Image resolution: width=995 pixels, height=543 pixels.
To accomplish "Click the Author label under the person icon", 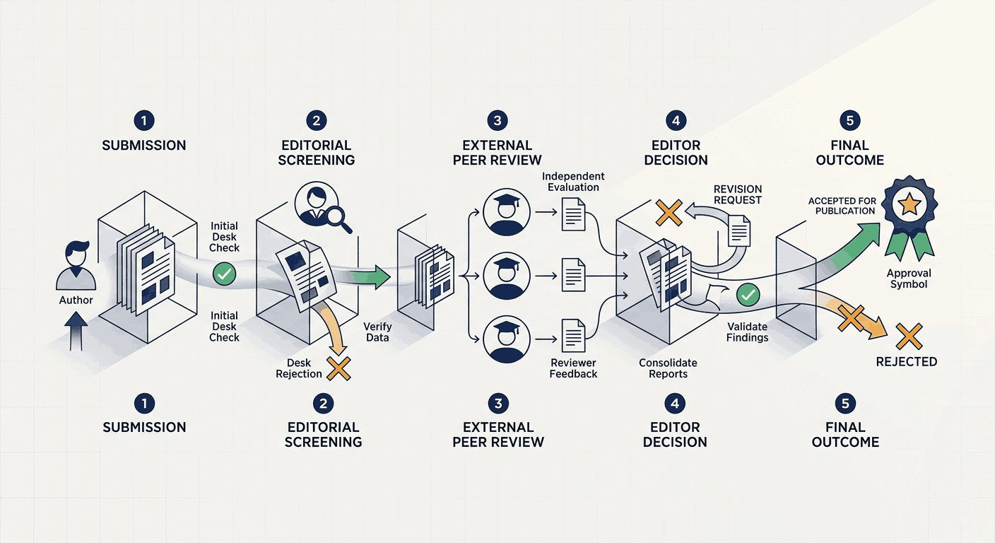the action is (76, 300).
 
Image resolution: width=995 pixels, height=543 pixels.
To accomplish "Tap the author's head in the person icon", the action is (76, 254).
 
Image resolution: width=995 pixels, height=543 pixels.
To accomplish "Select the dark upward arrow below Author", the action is (76, 331).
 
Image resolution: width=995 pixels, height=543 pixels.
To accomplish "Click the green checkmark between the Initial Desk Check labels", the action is (224, 274).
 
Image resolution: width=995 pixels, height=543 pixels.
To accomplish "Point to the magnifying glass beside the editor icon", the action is (339, 219).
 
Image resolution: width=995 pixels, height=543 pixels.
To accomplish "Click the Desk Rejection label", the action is (298, 368).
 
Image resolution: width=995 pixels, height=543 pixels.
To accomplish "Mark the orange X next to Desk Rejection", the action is (339, 369).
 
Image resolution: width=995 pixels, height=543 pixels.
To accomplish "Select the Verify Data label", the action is (377, 332).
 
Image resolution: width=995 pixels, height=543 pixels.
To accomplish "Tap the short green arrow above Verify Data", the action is (371, 277).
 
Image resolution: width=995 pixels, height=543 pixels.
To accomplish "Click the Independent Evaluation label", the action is (573, 182).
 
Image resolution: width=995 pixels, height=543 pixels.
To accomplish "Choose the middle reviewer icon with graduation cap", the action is (507, 276).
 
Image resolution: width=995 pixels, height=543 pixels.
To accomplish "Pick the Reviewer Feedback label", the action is (573, 368).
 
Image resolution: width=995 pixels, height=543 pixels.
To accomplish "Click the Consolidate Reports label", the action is (668, 368).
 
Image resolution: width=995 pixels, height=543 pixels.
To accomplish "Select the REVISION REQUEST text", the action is (737, 194).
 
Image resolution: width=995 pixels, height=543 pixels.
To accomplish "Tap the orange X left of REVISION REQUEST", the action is (669, 213).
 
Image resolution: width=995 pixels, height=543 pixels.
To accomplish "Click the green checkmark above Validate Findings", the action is (748, 295).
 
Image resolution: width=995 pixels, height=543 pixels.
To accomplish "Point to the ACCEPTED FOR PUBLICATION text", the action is (842, 206).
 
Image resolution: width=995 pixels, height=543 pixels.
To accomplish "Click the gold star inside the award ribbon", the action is (909, 204).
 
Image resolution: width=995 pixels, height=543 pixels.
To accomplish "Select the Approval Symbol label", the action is (909, 279).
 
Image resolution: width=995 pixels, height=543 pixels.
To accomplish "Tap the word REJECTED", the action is (907, 362).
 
